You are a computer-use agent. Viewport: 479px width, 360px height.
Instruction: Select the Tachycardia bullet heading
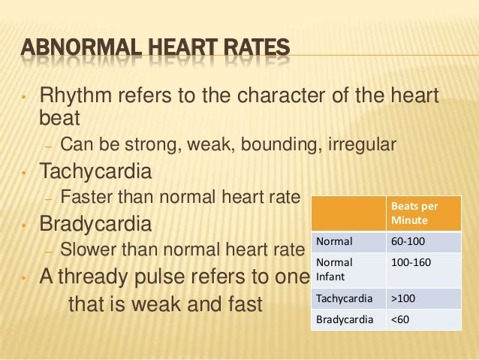click(95, 171)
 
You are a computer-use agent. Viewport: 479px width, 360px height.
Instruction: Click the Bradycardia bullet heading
click(95, 224)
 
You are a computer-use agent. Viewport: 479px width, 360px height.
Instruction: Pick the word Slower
click(89, 250)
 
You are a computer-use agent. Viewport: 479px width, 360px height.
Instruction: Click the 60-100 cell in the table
click(406, 242)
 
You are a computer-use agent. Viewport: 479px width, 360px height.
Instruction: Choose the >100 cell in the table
click(402, 298)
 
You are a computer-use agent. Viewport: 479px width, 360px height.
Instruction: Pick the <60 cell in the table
click(400, 319)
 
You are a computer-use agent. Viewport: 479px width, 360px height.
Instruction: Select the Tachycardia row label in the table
click(344, 298)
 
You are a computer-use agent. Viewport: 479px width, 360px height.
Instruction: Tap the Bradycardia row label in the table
click(344, 319)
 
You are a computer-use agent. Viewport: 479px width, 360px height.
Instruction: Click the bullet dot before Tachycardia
click(24, 173)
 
